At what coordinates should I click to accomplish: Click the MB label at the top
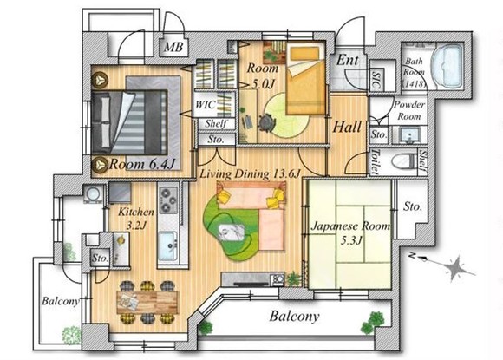(173, 47)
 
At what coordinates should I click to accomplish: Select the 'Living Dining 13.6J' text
(250, 174)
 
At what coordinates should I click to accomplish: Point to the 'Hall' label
(349, 127)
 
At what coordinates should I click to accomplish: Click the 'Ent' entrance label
(348, 61)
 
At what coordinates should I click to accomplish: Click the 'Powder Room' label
(408, 109)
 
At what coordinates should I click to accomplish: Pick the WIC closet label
(206, 104)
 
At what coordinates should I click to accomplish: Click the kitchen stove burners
(167, 208)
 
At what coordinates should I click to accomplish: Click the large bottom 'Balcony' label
(293, 317)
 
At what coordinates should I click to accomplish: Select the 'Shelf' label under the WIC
(215, 124)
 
